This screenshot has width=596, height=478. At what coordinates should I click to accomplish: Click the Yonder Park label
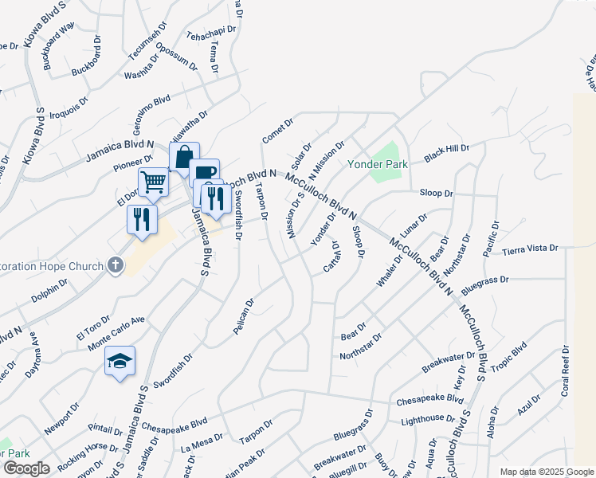(377, 164)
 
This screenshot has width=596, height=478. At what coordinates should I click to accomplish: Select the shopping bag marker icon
(184, 156)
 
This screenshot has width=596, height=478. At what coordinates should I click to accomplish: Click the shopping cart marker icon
(153, 182)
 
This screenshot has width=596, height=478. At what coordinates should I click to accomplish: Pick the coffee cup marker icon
(204, 172)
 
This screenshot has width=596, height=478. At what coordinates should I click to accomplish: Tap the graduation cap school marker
(120, 361)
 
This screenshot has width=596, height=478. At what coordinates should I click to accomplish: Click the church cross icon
(115, 265)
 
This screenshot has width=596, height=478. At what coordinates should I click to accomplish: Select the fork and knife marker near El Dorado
(142, 217)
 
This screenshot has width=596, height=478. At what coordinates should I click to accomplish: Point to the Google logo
(25, 468)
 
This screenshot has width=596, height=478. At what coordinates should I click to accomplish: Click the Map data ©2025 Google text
(546, 471)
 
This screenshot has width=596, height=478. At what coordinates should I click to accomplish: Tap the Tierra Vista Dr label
(530, 249)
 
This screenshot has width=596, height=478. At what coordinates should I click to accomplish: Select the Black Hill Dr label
(447, 153)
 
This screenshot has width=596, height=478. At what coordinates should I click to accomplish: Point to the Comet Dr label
(278, 131)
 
